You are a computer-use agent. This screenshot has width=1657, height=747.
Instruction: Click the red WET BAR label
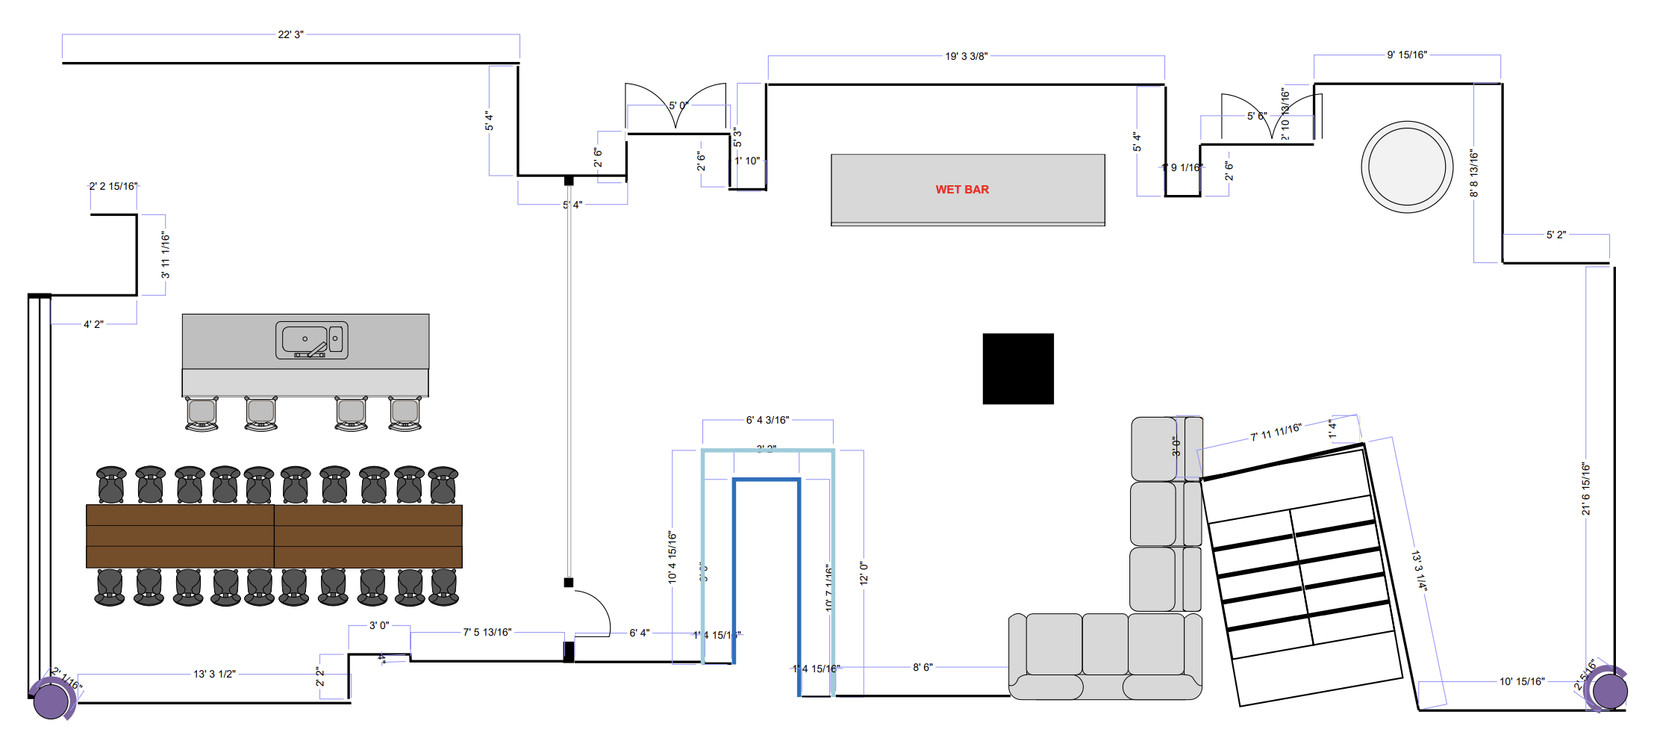[x=962, y=190]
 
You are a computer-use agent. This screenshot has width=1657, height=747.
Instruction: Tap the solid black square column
[x=1018, y=369]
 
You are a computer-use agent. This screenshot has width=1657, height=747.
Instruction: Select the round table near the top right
[x=1407, y=167]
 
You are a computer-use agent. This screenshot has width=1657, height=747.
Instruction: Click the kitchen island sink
[x=311, y=341]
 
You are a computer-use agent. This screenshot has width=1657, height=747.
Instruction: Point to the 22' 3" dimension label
[x=290, y=35]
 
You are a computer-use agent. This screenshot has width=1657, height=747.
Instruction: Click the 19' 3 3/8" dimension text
[x=966, y=57]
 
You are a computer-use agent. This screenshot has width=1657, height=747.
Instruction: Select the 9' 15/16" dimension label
[x=1407, y=55]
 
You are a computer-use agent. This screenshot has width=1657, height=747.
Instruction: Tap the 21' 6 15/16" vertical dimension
[x=1585, y=489]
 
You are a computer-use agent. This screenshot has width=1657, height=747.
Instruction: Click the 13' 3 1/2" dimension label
[x=214, y=675]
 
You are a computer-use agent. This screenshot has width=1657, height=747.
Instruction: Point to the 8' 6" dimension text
[x=923, y=668]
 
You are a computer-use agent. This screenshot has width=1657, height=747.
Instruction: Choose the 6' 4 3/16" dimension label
[x=767, y=421]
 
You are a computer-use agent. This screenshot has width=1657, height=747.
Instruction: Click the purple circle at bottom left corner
[x=51, y=700]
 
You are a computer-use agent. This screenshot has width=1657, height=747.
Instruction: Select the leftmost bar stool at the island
[x=202, y=414]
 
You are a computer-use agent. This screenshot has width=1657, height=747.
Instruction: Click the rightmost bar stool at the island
[x=405, y=414]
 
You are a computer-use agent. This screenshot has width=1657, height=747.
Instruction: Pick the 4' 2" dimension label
[x=93, y=325]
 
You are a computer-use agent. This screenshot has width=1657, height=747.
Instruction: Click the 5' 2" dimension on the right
[x=1556, y=235]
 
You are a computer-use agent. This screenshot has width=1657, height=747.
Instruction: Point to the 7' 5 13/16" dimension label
[x=487, y=633]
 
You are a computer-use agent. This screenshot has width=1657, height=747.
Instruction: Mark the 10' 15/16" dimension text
[x=1522, y=682]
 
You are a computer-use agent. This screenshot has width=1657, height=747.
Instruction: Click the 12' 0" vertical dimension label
[x=864, y=573]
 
